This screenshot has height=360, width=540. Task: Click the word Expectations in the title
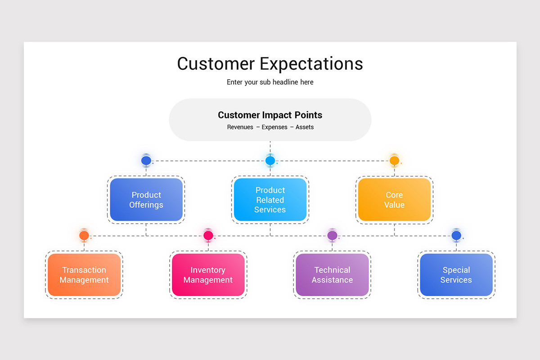click(x=311, y=64)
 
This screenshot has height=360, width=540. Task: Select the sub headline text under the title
click(x=270, y=82)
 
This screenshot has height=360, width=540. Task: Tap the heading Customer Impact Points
click(x=270, y=115)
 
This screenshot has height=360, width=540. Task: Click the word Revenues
click(x=240, y=127)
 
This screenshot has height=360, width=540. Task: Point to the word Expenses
click(x=274, y=127)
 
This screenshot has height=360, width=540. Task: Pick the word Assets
click(x=305, y=127)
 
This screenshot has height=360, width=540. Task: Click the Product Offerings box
click(x=146, y=200)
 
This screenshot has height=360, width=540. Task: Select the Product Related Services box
click(x=270, y=200)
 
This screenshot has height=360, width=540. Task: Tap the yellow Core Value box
click(x=394, y=200)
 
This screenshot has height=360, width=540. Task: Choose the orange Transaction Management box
click(x=84, y=275)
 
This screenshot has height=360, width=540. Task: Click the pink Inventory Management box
click(x=208, y=275)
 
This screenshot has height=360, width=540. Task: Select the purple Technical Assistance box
click(x=332, y=275)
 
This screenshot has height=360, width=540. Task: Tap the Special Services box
click(x=456, y=275)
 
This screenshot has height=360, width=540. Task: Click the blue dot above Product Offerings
click(x=146, y=160)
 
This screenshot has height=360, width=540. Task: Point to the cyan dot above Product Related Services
click(x=270, y=160)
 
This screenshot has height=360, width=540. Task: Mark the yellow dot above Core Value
click(x=394, y=160)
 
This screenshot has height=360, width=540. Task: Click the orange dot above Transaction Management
click(x=84, y=235)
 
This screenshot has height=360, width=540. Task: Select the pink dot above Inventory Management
click(x=208, y=235)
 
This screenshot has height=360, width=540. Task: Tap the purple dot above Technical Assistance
click(x=332, y=235)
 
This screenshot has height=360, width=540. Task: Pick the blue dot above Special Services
click(x=456, y=235)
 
